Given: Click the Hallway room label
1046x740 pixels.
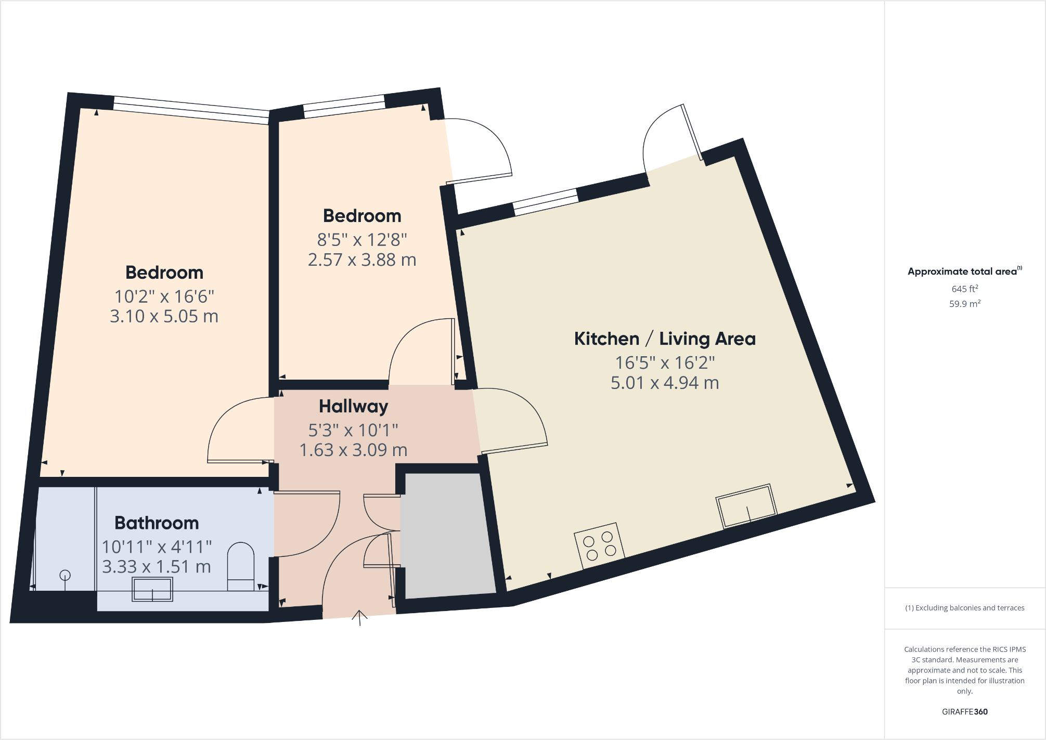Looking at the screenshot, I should coord(354,406).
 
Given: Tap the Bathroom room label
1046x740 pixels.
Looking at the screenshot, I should coord(157,523).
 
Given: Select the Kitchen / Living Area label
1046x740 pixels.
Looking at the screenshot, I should coord(665,339).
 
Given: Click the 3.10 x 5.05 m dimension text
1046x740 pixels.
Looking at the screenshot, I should coord(164,316).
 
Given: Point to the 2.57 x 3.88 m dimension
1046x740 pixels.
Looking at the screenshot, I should coord(362,259).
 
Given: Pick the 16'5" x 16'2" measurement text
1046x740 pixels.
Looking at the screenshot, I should coord(665,362).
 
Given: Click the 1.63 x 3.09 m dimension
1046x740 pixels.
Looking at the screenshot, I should coord(354,450).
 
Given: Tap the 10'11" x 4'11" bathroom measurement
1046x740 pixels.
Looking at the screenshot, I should coord(157,547).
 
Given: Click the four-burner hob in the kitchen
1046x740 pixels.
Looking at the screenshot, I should coord(599,546).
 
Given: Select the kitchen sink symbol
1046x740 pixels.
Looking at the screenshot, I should coord(746,506).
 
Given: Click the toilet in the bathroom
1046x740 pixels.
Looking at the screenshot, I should coord(241,567).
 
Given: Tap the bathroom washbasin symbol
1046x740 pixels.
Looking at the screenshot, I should coord(152,589).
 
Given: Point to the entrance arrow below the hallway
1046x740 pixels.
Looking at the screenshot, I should coord(359,617).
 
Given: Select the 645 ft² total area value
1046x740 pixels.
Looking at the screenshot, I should coord(965,289).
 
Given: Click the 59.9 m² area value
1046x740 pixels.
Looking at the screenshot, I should coord(965,304).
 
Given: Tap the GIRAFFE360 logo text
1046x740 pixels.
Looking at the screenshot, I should coord(965,712).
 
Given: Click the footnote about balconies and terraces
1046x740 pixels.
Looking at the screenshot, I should coord(965,608).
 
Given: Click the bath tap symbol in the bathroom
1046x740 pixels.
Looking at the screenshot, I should coord(65,576).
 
